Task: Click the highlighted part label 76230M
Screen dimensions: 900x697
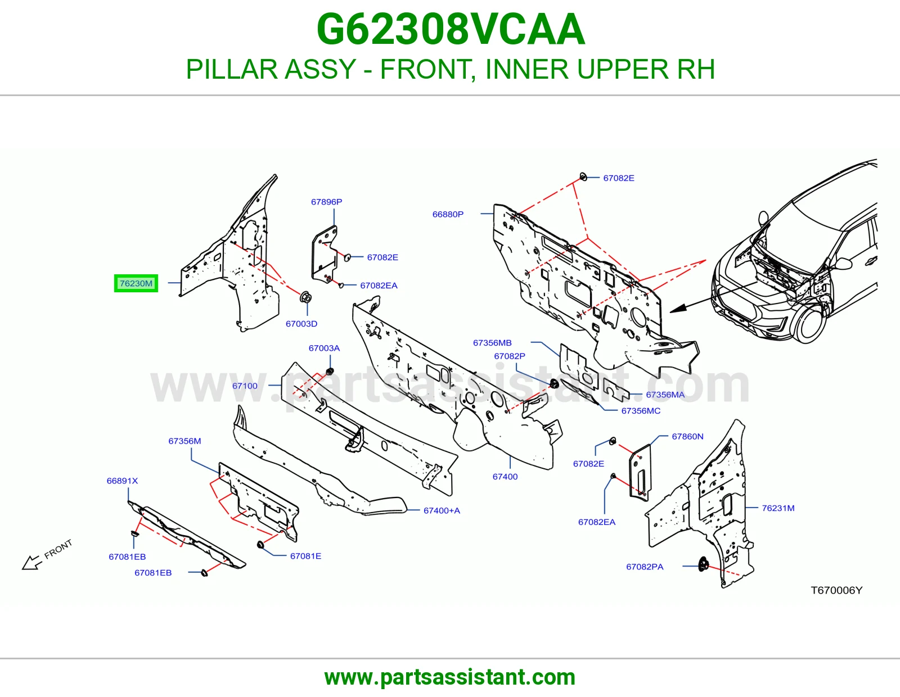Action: [x=136, y=283]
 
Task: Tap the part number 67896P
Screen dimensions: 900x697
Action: [x=326, y=202]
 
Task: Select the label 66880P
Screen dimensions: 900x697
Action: [x=448, y=214]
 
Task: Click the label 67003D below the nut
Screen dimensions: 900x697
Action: [x=301, y=324]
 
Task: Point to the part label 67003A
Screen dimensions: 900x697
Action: [x=324, y=348]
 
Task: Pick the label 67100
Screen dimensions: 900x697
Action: [x=245, y=386]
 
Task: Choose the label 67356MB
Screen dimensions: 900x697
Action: [x=492, y=343]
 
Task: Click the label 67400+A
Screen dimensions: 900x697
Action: [x=442, y=511]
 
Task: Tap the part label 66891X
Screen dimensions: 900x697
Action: [x=122, y=481]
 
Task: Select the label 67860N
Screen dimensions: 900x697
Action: [x=687, y=437]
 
